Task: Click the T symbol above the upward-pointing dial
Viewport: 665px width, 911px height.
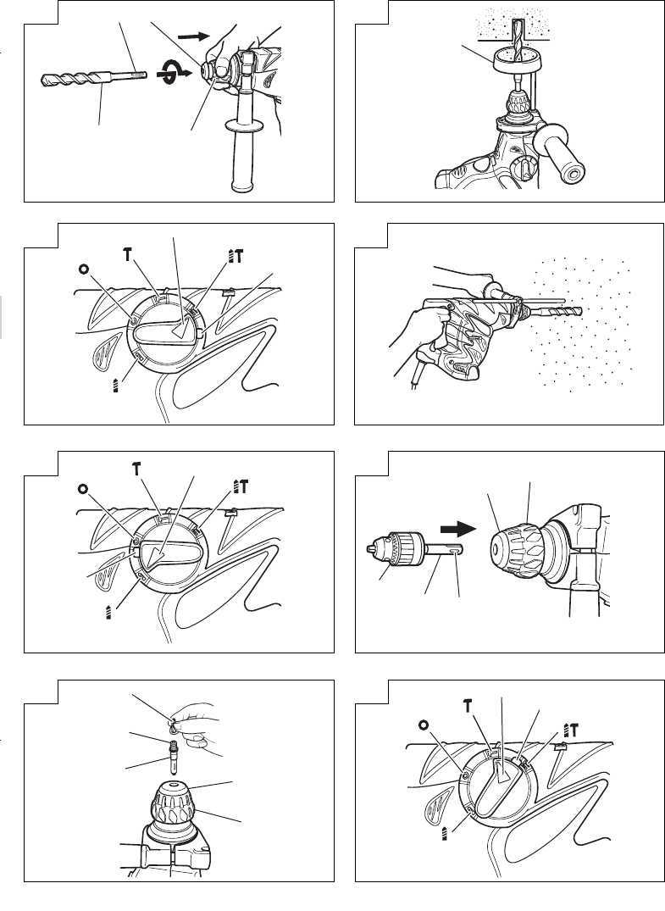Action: click(x=468, y=706)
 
